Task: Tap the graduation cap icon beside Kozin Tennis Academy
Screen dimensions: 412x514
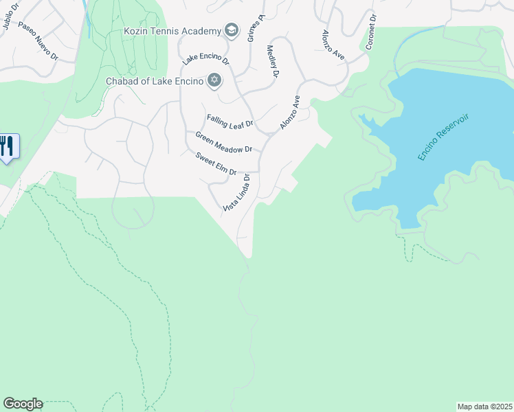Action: coord(231,30)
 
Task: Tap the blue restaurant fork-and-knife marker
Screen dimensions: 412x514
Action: coord(8,146)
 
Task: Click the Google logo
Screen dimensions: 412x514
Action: coord(23,404)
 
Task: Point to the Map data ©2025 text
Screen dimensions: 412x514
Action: coord(484,406)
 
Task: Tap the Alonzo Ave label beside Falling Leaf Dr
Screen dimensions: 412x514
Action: coord(290,112)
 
